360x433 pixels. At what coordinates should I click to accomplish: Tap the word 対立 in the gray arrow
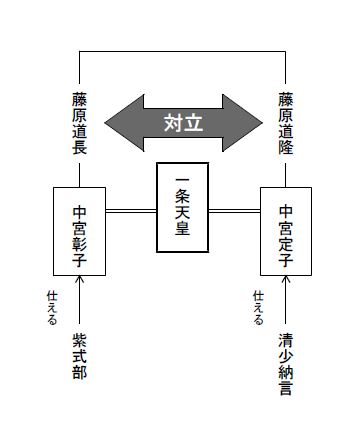[x=183, y=123]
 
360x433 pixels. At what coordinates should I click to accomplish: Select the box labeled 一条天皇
[x=183, y=208]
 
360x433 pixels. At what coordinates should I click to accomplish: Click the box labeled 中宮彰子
[x=80, y=231]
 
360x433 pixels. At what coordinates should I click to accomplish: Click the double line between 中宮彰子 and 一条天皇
[x=132, y=211]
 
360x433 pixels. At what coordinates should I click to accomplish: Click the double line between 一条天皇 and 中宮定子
[x=234, y=211]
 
